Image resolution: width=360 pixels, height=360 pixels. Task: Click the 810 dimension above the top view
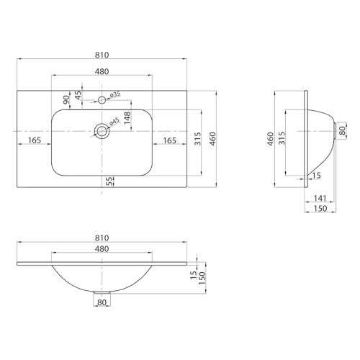click(102, 55)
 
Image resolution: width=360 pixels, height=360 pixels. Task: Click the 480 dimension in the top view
click(102, 71)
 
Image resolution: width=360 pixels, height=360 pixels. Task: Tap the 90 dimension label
click(66, 99)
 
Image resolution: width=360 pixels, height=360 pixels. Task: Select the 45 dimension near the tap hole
click(78, 95)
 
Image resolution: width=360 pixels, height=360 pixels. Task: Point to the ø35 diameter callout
click(115, 94)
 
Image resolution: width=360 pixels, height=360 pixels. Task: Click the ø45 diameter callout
click(114, 122)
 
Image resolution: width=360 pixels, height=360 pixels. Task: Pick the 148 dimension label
click(127, 117)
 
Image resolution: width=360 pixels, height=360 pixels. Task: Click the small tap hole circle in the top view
click(102, 100)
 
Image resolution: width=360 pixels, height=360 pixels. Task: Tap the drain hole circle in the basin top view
click(102, 131)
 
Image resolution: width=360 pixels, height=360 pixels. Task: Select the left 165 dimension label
click(35, 140)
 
